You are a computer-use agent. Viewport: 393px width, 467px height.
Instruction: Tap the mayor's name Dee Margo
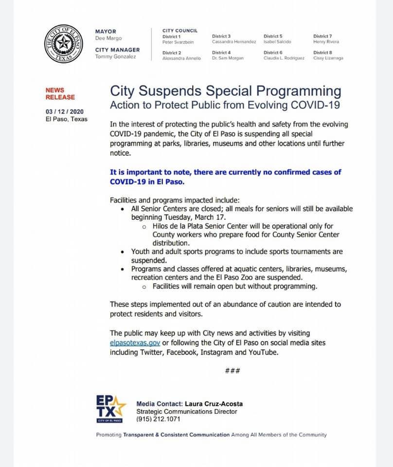tap(108, 38)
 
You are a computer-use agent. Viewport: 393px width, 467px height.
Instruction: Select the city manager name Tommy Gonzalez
tap(115, 57)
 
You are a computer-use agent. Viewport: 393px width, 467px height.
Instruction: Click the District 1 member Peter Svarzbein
tap(178, 42)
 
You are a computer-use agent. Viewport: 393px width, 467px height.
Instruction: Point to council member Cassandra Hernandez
tap(234, 42)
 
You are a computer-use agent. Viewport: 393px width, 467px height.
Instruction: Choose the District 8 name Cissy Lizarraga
tap(328, 58)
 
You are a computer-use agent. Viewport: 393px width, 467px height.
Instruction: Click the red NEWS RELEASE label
tap(60, 93)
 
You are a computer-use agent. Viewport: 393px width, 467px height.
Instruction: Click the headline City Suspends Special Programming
tap(226, 91)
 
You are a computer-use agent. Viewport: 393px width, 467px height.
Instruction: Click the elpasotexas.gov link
tap(135, 343)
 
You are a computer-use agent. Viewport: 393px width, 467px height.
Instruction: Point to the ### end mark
tap(232, 371)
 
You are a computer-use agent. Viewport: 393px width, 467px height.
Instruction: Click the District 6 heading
tap(273, 53)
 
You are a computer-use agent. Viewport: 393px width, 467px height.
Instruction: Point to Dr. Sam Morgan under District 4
tap(228, 58)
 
